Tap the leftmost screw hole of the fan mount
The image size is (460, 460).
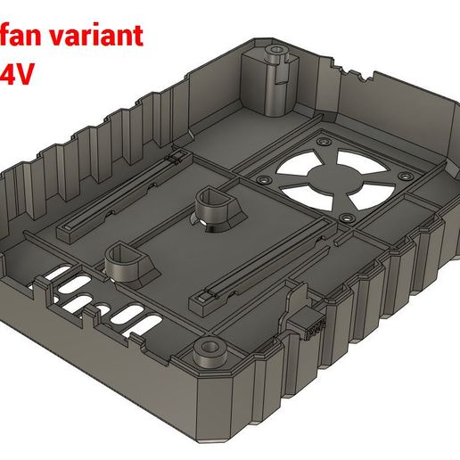click(x=265, y=178)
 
